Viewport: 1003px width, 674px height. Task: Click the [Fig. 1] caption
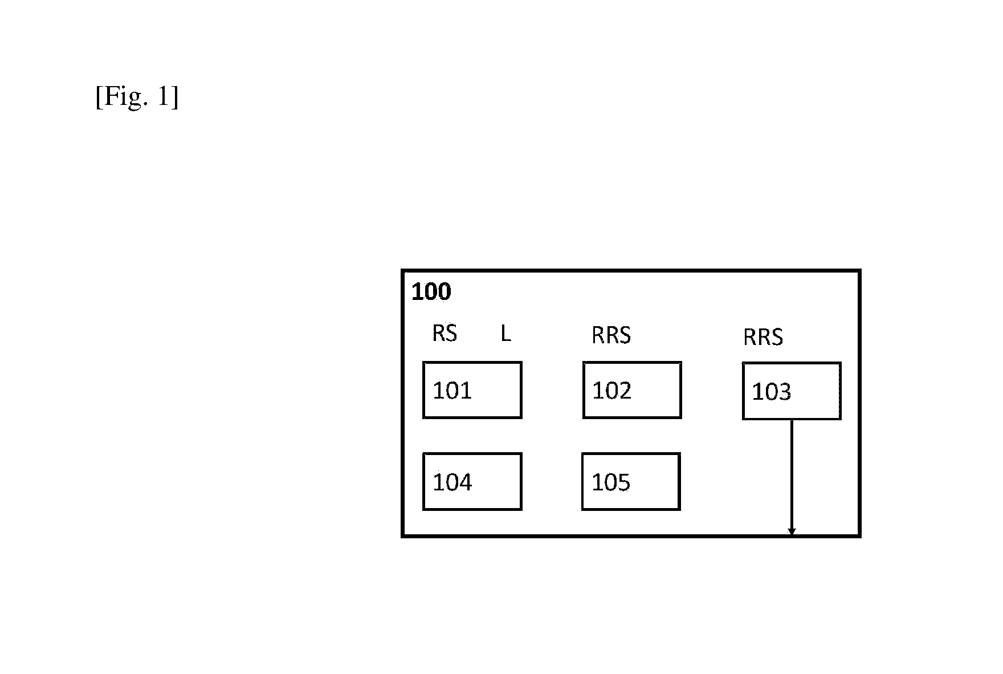click(137, 97)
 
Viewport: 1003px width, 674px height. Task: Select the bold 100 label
click(431, 292)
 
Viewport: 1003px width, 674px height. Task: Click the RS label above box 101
click(445, 333)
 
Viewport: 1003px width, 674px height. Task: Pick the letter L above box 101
click(505, 334)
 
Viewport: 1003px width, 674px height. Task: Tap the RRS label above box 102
click(611, 335)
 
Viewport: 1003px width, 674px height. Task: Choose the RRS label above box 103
click(763, 338)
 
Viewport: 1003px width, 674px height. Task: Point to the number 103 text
click(772, 392)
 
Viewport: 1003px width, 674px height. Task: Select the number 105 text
click(611, 483)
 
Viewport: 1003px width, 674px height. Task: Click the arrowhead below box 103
click(792, 532)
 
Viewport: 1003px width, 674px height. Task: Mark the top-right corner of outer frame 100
click(859, 271)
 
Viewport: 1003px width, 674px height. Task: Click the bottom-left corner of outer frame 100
click(403, 536)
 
